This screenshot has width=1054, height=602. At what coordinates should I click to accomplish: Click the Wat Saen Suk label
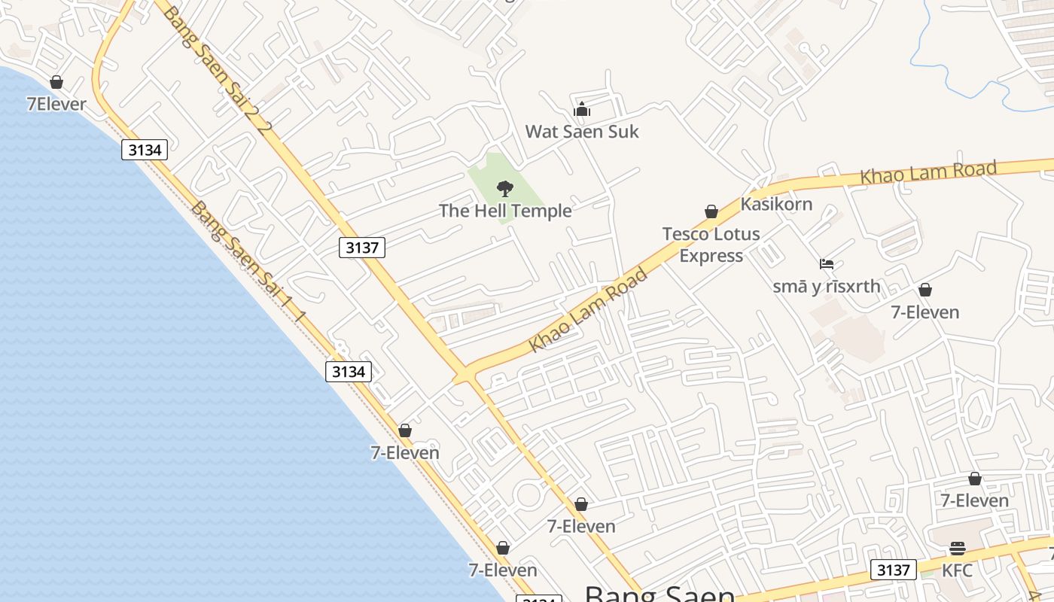point(582,132)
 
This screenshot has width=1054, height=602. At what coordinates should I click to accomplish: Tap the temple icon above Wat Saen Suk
point(582,110)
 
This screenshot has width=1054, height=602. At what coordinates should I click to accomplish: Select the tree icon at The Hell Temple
point(505,188)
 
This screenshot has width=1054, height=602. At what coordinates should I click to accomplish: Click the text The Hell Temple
point(505,211)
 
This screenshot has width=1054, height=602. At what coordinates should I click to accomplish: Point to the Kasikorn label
point(776,204)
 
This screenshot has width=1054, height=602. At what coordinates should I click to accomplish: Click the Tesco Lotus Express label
point(711,245)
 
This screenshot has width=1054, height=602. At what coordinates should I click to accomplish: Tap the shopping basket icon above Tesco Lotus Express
point(711,211)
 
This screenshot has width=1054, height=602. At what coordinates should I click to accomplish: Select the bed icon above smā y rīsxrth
point(826,264)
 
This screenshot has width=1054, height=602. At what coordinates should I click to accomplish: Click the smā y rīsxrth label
point(826,287)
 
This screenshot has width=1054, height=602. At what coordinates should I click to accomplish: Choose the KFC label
point(957,570)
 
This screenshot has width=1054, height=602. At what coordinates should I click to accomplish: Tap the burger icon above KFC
point(957,548)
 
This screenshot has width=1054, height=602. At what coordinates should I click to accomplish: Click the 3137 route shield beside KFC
point(894,570)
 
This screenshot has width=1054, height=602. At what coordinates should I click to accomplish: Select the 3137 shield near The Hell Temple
point(362,247)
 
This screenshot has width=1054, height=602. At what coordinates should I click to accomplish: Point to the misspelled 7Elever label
point(56,105)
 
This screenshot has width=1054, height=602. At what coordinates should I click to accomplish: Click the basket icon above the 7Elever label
point(56,82)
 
